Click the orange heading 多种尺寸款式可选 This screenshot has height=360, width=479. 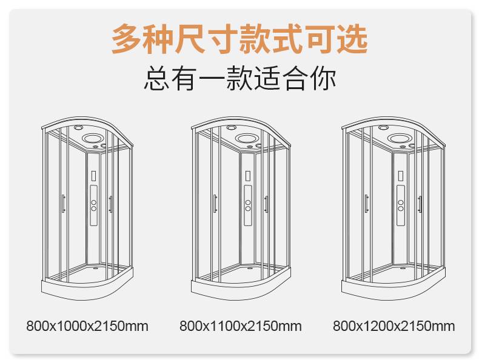(x=239, y=39)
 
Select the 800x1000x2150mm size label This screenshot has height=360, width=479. (x=87, y=326)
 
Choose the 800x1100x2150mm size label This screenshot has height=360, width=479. (x=241, y=326)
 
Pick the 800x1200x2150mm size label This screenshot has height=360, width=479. (x=394, y=326)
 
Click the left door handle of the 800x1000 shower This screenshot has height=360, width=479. (x=63, y=204)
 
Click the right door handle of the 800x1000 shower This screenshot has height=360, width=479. (x=110, y=204)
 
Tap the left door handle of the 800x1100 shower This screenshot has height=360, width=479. (x=215, y=204)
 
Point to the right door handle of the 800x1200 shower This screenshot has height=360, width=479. (x=420, y=204)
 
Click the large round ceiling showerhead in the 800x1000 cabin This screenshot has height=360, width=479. (x=94, y=138)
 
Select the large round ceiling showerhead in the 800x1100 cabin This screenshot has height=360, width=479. (x=247, y=138)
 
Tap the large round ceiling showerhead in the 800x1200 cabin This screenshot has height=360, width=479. (x=400, y=138)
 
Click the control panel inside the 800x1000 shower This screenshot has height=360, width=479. (x=94, y=205)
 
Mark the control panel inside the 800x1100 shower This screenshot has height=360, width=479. (x=248, y=205)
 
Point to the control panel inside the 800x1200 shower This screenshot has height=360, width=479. (x=401, y=205)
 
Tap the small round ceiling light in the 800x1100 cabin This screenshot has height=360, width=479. (x=232, y=127)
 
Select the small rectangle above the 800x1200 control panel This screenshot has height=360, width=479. (x=400, y=176)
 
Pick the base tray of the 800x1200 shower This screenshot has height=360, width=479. (x=394, y=288)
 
